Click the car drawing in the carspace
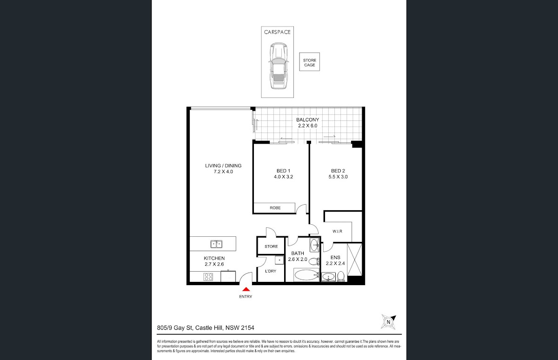[x=278, y=66]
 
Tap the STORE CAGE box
[x=309, y=62]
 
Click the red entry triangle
[x=246, y=289]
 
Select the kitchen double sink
[x=216, y=244]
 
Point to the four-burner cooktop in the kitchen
[x=208, y=277]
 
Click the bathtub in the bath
[x=306, y=275]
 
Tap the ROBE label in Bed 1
[x=275, y=208]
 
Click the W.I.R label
[x=337, y=231]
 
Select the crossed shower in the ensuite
[x=354, y=260]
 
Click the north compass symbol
[x=388, y=322]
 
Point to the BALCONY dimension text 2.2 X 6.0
[x=308, y=126]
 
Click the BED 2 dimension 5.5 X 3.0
[x=338, y=177]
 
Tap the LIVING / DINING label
[x=223, y=166]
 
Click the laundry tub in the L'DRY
[x=279, y=260]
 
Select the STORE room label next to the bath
[x=271, y=247]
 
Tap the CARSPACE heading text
[x=277, y=32]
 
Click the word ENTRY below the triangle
[x=246, y=296]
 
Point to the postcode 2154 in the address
[x=247, y=327]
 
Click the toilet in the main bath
[x=314, y=261]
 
